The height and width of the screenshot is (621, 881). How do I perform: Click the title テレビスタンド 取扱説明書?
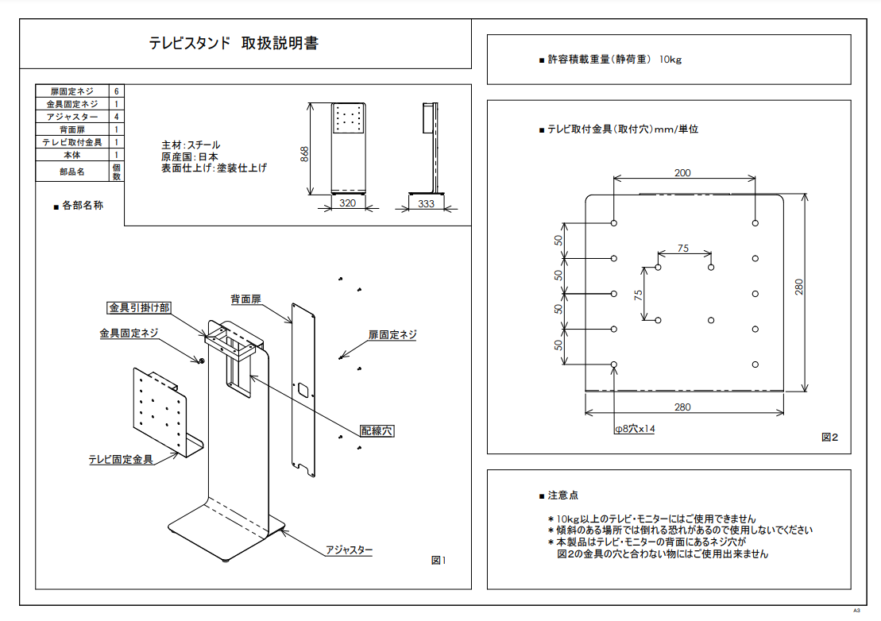pos(234,43)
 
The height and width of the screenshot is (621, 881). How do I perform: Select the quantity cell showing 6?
pos(117,91)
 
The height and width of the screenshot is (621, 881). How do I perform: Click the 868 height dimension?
pos(304,154)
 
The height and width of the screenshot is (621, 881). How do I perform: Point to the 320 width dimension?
pos(347,203)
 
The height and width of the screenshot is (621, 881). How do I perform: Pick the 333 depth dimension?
pos(426,203)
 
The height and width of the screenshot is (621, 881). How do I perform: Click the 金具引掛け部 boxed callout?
pos(139,307)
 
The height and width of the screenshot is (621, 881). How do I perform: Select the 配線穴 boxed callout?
pos(377,430)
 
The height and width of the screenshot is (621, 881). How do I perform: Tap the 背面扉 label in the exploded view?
pos(246,299)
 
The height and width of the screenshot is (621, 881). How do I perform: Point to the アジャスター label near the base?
pos(349,550)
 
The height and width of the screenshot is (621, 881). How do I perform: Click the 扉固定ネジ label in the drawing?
pos(392,335)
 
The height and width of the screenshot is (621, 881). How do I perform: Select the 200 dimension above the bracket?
pos(682,172)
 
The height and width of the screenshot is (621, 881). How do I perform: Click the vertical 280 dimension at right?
pos(800,286)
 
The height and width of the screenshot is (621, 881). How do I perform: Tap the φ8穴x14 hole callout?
pos(635,429)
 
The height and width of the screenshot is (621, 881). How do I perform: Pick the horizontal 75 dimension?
pos(683,249)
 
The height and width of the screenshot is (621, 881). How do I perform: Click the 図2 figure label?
pos(829,437)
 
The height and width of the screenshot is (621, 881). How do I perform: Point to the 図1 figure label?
pos(439,561)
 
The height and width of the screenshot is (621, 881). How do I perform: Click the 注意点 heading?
pos(563,496)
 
